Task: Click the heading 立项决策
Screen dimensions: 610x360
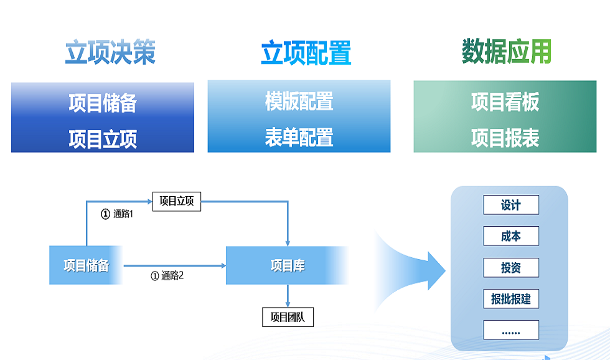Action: (111, 52)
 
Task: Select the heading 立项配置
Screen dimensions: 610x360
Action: (306, 53)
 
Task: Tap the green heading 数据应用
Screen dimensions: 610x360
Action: (507, 51)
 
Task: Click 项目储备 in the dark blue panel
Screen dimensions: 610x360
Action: (103, 103)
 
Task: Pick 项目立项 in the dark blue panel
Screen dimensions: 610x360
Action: (103, 139)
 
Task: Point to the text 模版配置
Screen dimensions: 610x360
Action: (299, 101)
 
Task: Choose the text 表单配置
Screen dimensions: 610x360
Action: (299, 138)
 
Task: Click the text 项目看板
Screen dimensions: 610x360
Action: (505, 102)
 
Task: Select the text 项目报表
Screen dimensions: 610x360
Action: (505, 138)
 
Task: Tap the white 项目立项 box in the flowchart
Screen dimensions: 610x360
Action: (177, 202)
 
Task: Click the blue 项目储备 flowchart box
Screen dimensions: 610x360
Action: (86, 265)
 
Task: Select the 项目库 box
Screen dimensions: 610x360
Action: (287, 265)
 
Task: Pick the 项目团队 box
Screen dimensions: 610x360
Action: (288, 317)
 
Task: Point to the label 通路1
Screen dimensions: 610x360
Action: (123, 214)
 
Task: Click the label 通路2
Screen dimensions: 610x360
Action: (172, 275)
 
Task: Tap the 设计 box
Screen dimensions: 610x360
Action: (511, 205)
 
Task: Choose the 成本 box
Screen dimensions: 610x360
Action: (511, 236)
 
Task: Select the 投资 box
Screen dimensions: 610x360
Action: (511, 267)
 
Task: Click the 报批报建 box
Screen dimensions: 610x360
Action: (511, 299)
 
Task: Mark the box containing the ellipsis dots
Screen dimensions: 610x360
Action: (511, 330)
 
